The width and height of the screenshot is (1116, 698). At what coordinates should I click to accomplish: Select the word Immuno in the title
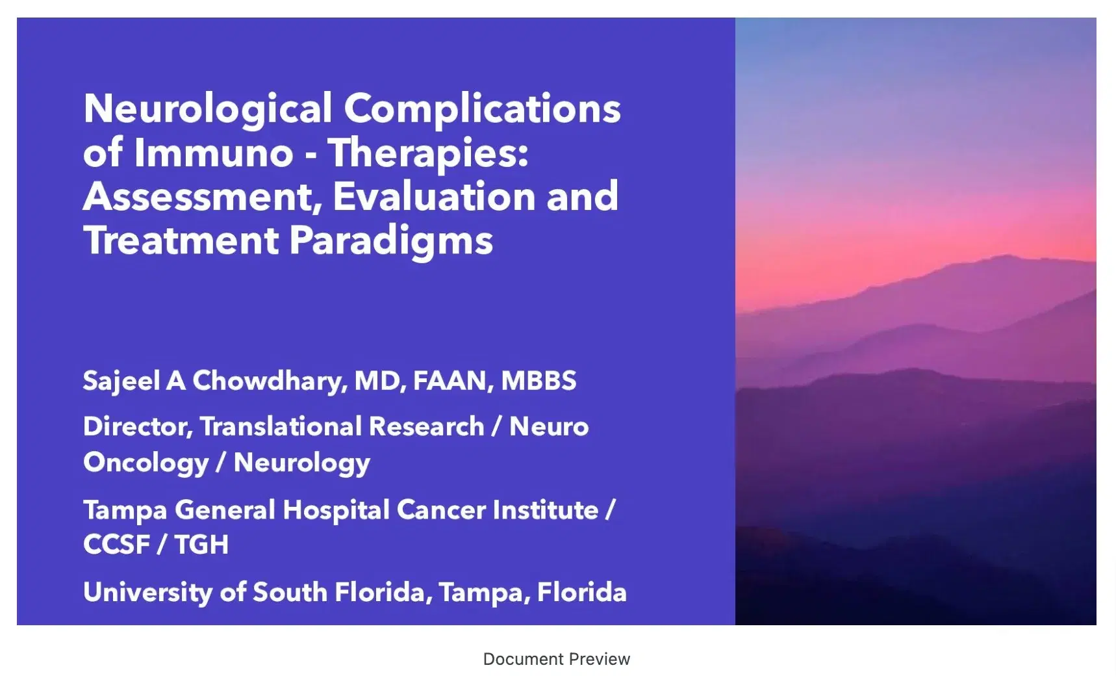coord(214,153)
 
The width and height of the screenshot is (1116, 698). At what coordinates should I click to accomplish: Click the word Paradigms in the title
coord(390,240)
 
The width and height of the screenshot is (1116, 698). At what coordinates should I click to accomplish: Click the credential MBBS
coord(539,381)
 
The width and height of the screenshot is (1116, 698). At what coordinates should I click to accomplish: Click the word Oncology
coord(146,463)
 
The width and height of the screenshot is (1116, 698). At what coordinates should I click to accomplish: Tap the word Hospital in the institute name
coord(336,510)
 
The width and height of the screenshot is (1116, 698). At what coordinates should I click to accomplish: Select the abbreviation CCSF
coord(116,545)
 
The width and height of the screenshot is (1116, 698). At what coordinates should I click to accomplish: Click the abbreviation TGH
coord(201,545)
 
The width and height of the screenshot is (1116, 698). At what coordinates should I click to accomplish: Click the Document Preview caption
coord(556,659)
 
